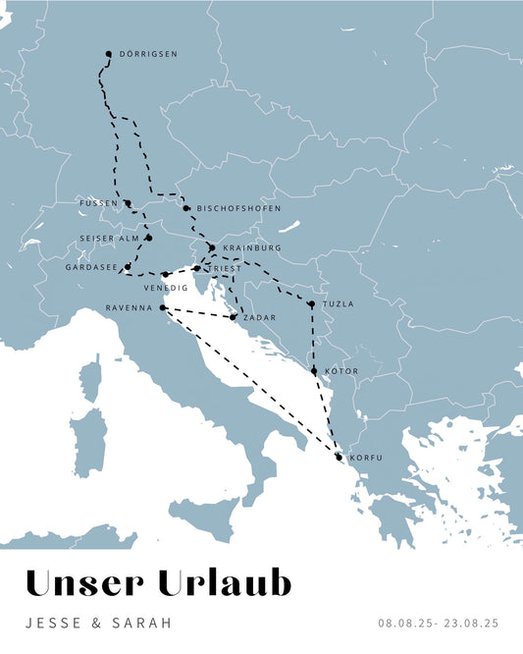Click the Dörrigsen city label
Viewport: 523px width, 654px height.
click(x=148, y=54)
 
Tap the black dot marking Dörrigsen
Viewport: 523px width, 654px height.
click(x=108, y=54)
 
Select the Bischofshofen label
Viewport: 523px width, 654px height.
click(x=238, y=208)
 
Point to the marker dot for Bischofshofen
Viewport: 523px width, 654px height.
click(x=185, y=208)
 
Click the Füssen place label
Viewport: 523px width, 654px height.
click(x=100, y=203)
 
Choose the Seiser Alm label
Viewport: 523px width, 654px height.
click(x=111, y=238)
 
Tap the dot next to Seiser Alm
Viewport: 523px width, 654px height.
click(x=149, y=238)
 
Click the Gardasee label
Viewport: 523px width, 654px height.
click(x=91, y=267)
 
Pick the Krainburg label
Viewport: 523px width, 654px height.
click(x=252, y=247)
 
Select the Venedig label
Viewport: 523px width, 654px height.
click(x=166, y=288)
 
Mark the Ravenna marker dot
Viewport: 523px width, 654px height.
click(x=162, y=308)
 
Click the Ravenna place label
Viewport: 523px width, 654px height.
click(x=129, y=308)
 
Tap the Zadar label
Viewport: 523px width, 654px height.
click(x=259, y=317)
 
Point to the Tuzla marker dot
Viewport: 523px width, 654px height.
click(x=311, y=304)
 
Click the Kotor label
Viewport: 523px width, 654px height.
click(x=340, y=371)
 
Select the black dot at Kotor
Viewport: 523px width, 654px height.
click(x=314, y=371)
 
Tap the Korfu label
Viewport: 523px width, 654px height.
click(x=365, y=458)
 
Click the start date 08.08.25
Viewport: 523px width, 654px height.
click(x=403, y=623)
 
